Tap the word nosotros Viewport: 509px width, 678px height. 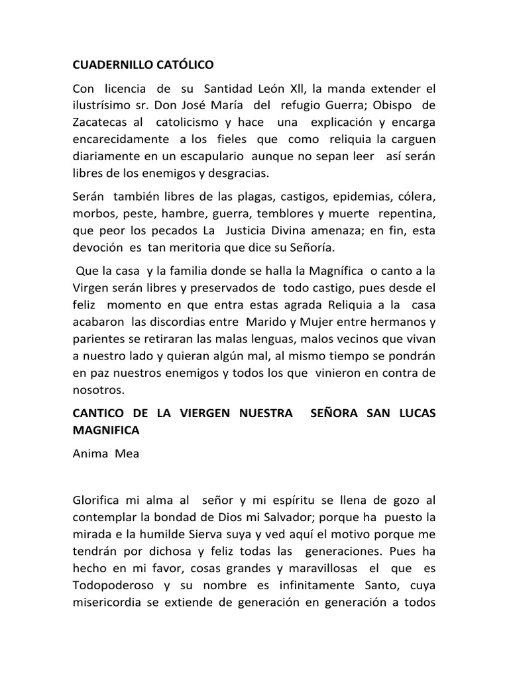coord(99,391)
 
